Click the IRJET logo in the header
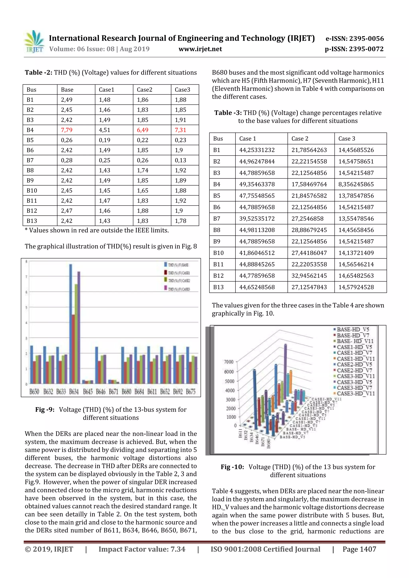[34, 42]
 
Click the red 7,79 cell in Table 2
[67, 130]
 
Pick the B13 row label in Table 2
[32, 221]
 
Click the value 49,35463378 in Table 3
[257, 184]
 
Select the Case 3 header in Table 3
[346, 139]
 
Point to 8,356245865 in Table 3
[356, 184]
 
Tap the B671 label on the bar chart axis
[113, 392]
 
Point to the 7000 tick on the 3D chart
[229, 362]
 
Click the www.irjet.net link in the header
[200, 49]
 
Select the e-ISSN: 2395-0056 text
[354, 39]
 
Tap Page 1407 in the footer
[359, 549]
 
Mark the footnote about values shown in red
[97, 230]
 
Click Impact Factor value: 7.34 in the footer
[142, 549]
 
